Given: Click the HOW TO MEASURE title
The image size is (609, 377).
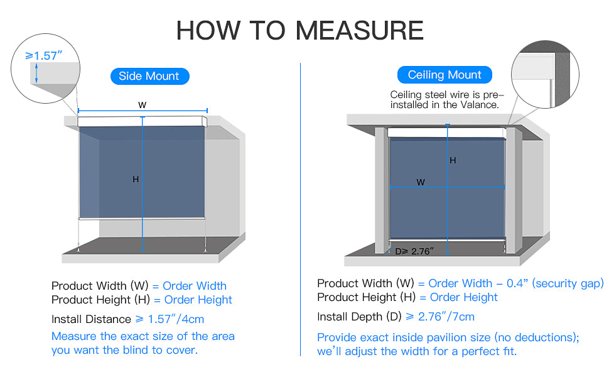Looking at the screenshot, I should [x=299, y=30].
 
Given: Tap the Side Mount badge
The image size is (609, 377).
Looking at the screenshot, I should [x=149, y=77].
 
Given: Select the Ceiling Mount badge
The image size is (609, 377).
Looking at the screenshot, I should [x=445, y=75].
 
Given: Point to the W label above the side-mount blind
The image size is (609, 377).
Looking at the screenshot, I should [x=143, y=105].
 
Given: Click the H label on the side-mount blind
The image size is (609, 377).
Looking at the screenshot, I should [x=136, y=180].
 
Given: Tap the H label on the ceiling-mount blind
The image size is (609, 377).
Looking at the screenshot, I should [x=453, y=161].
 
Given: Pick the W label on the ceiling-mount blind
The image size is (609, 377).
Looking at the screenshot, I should [x=421, y=182].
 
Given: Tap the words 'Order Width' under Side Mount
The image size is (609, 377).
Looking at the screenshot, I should [x=195, y=286].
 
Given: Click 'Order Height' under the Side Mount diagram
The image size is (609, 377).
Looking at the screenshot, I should [x=198, y=300].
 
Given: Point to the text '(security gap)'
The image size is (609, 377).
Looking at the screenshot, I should [x=568, y=283].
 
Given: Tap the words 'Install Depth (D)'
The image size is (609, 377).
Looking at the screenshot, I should [x=358, y=317].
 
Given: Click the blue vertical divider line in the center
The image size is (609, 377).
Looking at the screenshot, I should [x=301, y=207].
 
